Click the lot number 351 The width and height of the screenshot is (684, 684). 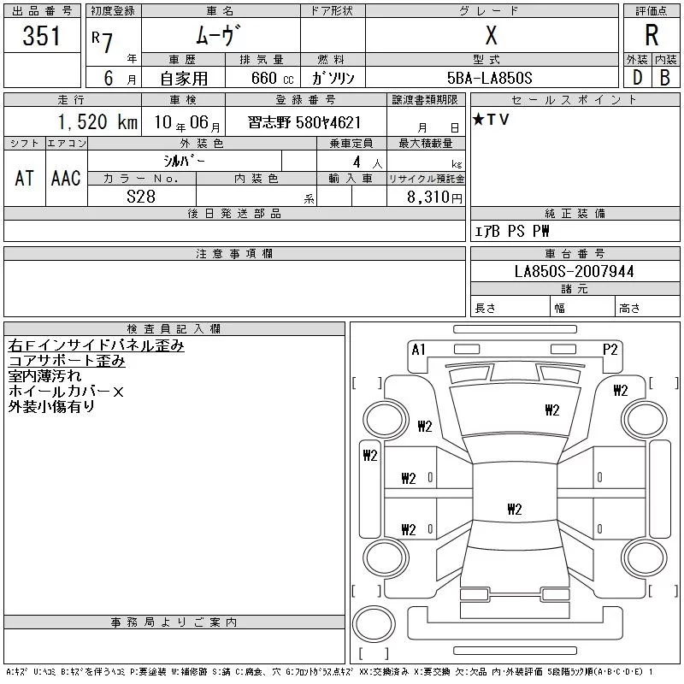(41, 35)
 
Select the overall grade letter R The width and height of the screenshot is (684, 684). (652, 35)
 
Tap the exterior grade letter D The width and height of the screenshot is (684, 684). (637, 78)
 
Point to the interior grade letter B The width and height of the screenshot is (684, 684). (665, 78)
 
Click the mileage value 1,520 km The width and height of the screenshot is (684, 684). (97, 121)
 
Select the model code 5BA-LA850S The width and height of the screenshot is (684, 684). (489, 78)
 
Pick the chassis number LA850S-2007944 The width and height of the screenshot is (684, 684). (574, 271)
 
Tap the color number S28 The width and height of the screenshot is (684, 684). (141, 197)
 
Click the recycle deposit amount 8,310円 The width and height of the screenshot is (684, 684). (434, 197)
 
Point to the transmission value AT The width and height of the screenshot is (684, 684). (25, 178)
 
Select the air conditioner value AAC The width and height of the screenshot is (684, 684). (66, 178)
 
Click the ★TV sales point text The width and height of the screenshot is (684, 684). (491, 119)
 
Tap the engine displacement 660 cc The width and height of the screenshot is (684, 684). (272, 78)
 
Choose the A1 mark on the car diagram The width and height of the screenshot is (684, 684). (418, 350)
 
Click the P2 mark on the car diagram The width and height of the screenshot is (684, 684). (610, 350)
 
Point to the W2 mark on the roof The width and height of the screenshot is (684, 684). (515, 509)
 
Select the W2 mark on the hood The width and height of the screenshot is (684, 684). (551, 410)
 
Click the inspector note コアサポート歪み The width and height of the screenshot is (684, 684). (67, 361)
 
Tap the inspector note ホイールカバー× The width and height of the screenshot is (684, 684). (66, 392)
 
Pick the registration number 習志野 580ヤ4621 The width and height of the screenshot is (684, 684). (304, 122)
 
